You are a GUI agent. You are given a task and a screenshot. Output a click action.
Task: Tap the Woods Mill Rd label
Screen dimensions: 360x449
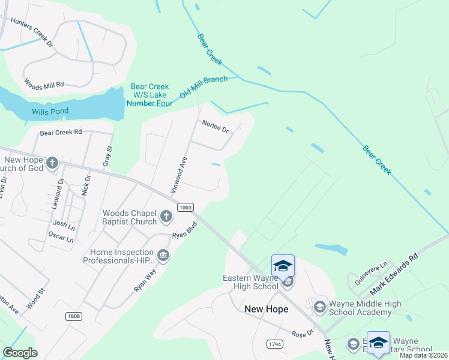click(44, 84)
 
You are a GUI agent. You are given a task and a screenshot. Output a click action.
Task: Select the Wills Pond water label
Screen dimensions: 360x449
click(50, 111)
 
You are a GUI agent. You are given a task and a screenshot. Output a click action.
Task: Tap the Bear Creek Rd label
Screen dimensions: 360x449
click(61, 132)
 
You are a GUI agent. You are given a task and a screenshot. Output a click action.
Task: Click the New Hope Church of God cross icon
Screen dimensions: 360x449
click(52, 162)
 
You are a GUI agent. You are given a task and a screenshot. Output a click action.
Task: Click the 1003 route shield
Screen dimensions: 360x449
click(185, 207)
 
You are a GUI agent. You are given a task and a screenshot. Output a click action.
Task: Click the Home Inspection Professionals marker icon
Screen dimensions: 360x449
click(163, 256)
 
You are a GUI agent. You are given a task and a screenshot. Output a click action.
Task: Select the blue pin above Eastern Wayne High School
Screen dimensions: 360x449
click(283, 265)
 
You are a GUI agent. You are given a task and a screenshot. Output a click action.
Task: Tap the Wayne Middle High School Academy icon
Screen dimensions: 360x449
click(319, 307)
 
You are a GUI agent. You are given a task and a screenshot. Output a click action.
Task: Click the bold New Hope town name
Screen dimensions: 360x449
click(267, 309)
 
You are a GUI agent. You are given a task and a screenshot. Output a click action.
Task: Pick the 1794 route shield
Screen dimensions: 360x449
click(276, 343)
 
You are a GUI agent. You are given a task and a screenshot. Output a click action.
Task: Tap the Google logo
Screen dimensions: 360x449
click(20, 353)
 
